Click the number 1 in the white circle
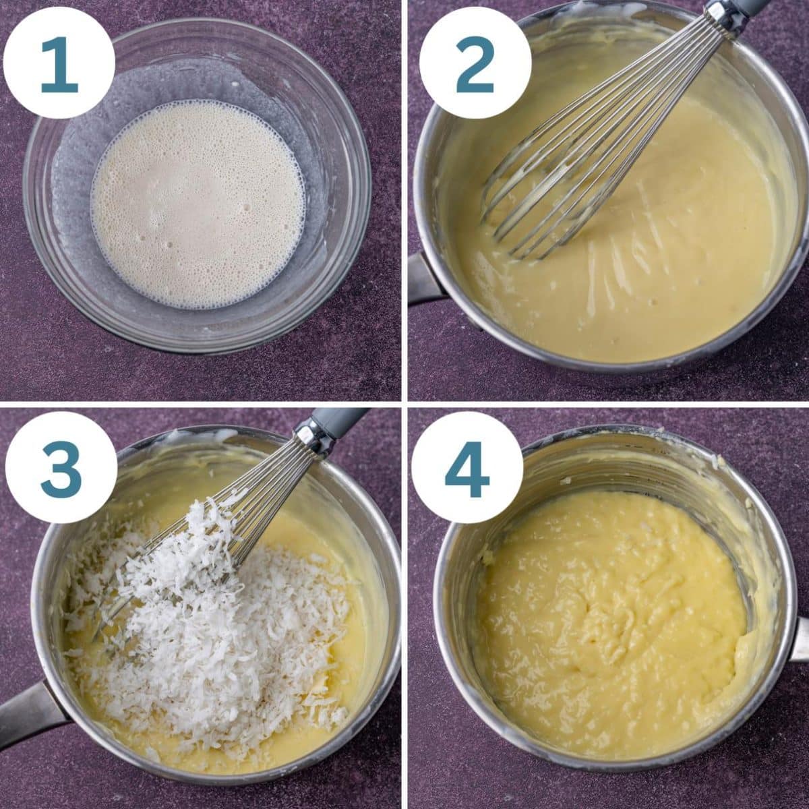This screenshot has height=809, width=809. [59, 65]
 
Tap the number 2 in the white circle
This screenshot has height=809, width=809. [475, 65]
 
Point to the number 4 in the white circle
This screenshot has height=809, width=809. [467, 469]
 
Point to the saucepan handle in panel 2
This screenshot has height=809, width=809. [423, 280]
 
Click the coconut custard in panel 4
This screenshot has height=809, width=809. [607, 620]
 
